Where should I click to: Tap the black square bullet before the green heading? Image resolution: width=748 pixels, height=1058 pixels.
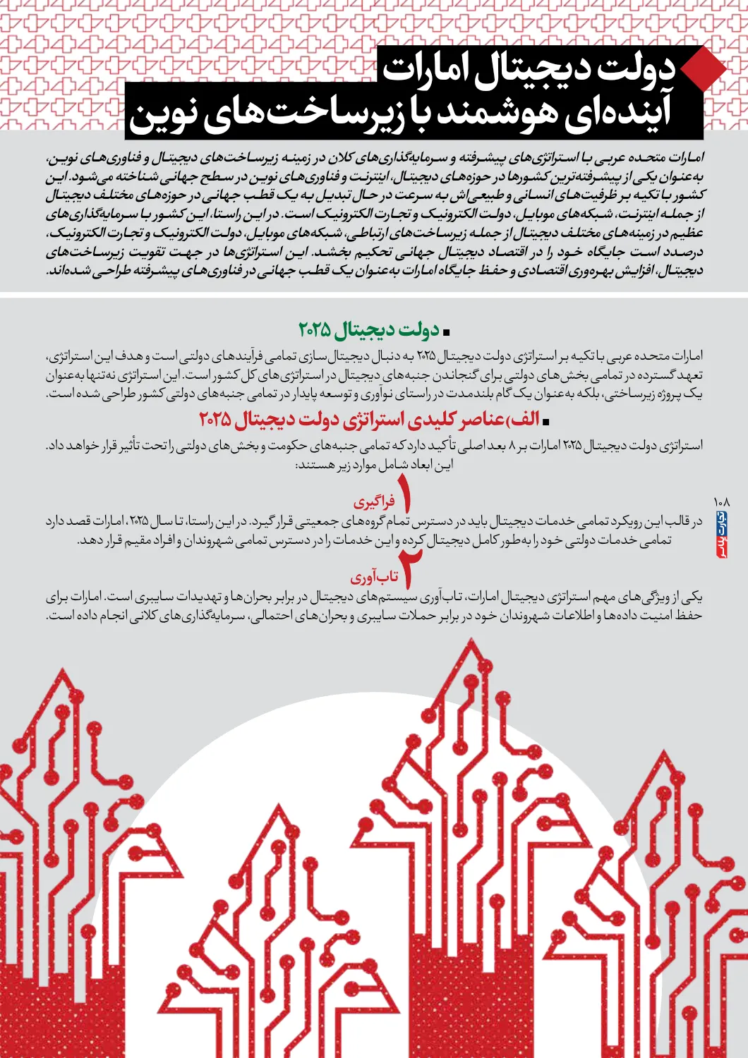pos(446,331)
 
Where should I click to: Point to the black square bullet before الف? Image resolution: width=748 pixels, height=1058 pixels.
pos(545,421)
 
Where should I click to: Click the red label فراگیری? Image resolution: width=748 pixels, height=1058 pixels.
pos(374,502)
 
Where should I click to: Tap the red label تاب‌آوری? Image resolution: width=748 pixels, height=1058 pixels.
pos(374,578)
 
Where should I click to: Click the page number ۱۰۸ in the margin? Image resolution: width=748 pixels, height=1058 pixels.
pos(721,501)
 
